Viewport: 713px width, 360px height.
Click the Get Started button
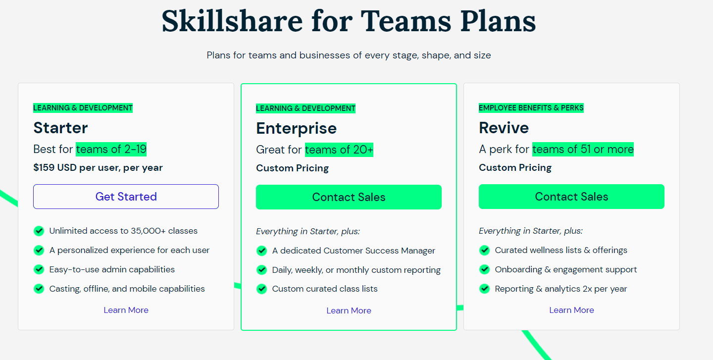tap(126, 197)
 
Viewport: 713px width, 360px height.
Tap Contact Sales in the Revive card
tap(571, 197)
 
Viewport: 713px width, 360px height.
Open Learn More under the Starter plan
tap(126, 310)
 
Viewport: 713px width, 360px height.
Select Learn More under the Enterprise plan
tap(349, 310)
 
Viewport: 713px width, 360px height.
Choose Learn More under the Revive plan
tap(571, 310)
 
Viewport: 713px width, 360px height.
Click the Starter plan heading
tap(60, 128)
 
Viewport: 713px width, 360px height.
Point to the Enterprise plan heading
tap(296, 128)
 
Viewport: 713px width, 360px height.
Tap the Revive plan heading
tap(504, 128)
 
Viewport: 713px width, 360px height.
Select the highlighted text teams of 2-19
tap(111, 149)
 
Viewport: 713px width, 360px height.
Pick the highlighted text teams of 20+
tap(339, 150)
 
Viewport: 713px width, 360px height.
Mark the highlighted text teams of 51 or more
tap(583, 149)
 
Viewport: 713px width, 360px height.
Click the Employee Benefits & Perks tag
tap(531, 107)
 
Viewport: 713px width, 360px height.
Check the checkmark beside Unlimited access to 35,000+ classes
tap(39, 231)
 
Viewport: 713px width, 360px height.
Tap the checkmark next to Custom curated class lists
tap(261, 289)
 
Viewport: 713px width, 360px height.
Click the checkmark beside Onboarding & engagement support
tap(484, 269)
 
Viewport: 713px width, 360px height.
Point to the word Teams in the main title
tap(406, 21)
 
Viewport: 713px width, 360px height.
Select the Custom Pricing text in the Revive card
tap(515, 167)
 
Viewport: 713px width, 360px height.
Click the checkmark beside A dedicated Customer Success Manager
tap(261, 251)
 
